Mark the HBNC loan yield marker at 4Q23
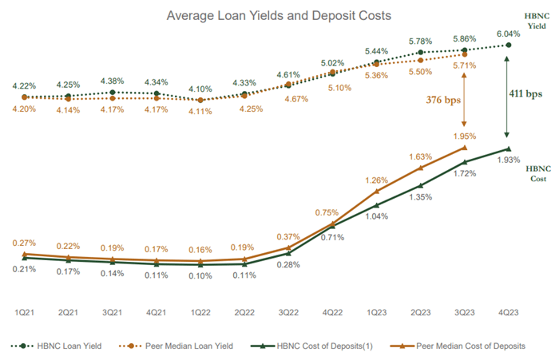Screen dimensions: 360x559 [x=509, y=45]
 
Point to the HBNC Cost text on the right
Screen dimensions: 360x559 [x=537, y=174]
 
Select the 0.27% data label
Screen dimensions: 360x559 [x=24, y=243]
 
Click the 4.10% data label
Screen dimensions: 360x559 [x=200, y=89]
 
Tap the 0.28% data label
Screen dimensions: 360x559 [x=288, y=264]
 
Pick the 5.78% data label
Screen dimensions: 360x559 [x=421, y=40]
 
